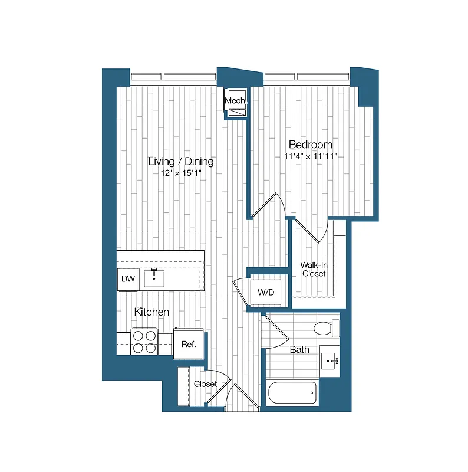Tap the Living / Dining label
pyautogui.click(x=181, y=162)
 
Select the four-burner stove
pyautogui.click(x=144, y=341)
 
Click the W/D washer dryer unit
pyautogui.click(x=262, y=291)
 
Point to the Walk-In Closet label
pyautogui.click(x=314, y=269)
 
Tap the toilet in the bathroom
pyautogui.click(x=327, y=327)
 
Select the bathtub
pyautogui.click(x=292, y=393)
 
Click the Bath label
pyautogui.click(x=299, y=349)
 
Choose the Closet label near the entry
pyautogui.click(x=205, y=384)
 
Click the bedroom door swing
pyautogui.click(x=270, y=206)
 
